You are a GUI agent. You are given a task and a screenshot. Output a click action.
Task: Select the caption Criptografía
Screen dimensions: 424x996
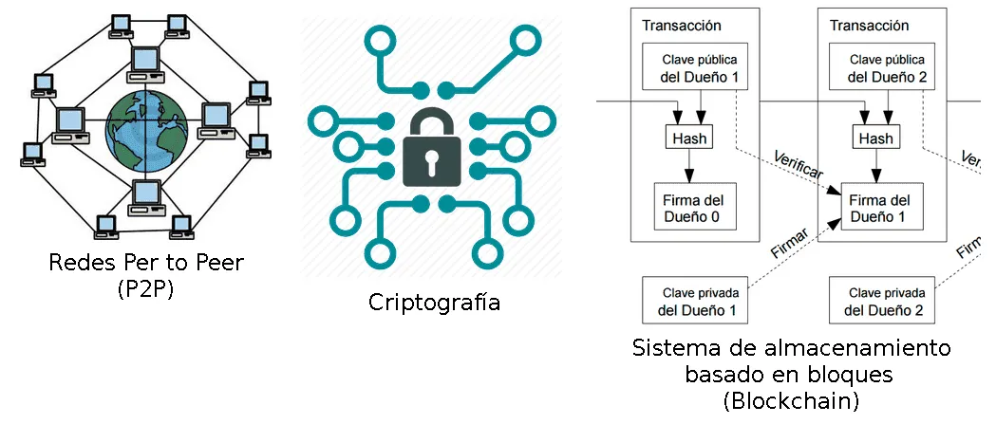click(434, 303)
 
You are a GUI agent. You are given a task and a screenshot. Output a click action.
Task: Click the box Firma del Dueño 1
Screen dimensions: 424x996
click(878, 209)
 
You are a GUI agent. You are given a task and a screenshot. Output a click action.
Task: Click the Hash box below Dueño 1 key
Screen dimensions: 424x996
click(688, 138)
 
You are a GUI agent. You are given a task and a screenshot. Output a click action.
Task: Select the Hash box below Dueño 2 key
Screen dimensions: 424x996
click(875, 138)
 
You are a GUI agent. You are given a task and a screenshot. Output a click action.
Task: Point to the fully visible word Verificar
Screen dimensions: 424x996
click(799, 166)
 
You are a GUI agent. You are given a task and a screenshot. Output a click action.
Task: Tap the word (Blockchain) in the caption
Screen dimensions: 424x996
click(790, 400)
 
